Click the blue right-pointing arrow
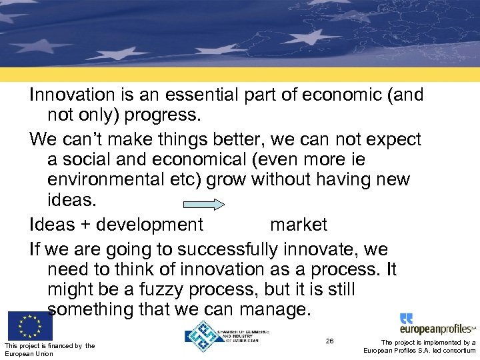click(x=204, y=205)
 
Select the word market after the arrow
click(x=299, y=225)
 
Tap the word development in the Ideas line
click(x=149, y=225)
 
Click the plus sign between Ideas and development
click(x=85, y=225)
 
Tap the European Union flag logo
click(x=30, y=326)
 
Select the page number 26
click(x=329, y=341)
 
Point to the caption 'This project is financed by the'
click(x=49, y=345)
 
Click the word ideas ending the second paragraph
click(x=69, y=201)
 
